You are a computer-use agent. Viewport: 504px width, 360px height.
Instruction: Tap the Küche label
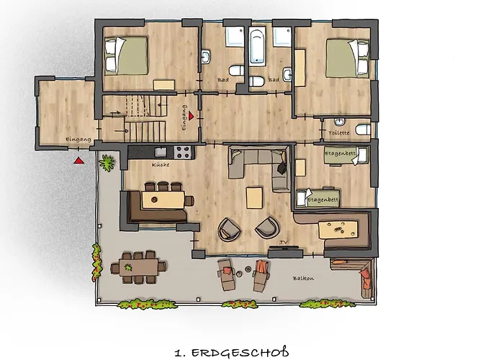(160, 166)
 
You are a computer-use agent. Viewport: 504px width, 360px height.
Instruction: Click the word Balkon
(303, 278)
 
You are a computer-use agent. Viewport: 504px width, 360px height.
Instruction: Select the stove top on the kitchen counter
(183, 152)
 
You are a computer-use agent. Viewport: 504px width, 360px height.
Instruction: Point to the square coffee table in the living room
(255, 197)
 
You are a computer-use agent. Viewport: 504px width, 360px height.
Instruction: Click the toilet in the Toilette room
(364, 130)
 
